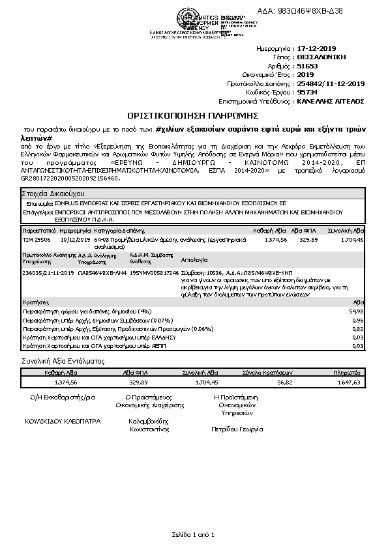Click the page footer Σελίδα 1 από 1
pyautogui.click(x=194, y=534)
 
